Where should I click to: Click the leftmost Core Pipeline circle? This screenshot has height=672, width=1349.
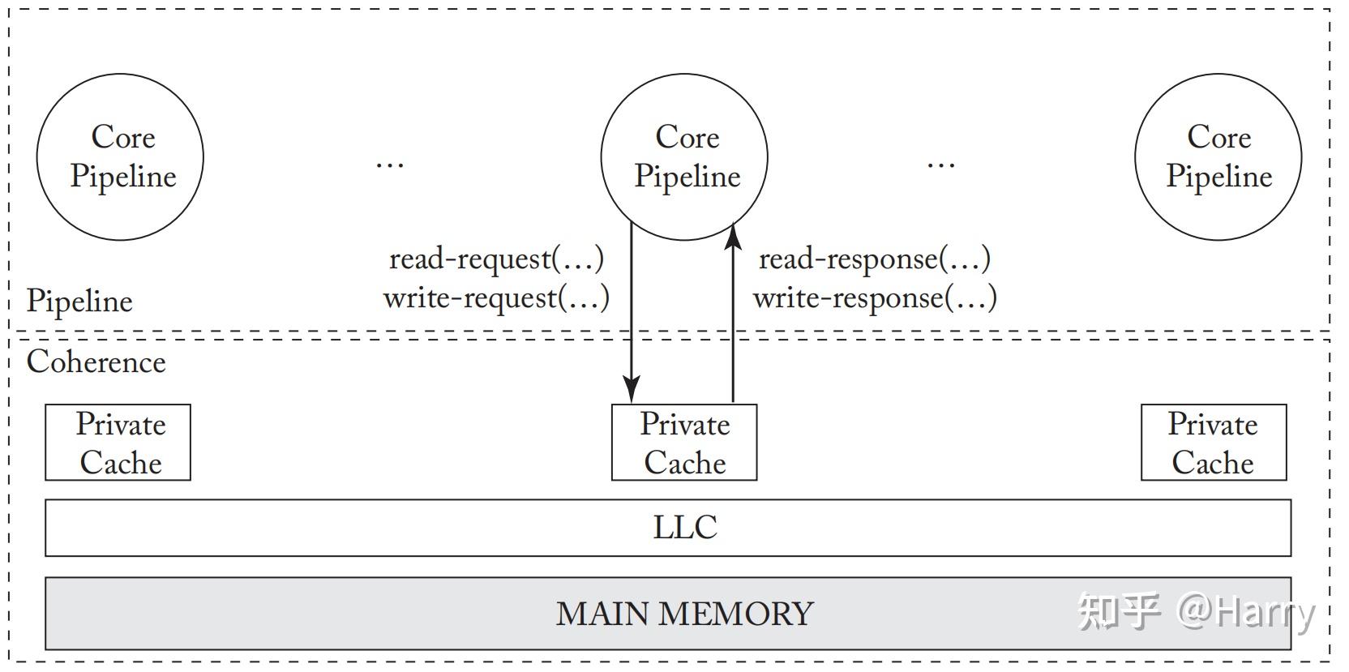coord(120,157)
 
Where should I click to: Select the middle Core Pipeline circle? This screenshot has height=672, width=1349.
coord(684,157)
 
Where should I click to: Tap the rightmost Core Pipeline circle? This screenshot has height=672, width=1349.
coord(1218,157)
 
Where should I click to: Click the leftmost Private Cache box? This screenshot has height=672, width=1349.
coord(118,443)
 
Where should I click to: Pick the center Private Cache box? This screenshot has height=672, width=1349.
coord(684,443)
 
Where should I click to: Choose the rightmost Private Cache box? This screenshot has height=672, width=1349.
coord(1213,443)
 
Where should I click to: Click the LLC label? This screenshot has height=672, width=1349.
coord(684,528)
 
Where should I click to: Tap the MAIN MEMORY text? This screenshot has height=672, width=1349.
coord(684,614)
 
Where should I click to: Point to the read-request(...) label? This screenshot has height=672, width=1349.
coord(496,259)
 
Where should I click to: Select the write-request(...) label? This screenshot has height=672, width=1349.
coord(496,297)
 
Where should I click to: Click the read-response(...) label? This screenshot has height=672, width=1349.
coord(874,259)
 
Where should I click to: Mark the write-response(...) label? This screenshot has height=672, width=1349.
coord(875,297)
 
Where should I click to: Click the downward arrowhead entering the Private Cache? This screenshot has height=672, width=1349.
coord(632,390)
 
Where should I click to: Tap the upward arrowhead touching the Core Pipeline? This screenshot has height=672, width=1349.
coord(733,234)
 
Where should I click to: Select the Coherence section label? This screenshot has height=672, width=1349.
coord(96,362)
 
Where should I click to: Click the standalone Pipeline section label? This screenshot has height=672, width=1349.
coord(79,301)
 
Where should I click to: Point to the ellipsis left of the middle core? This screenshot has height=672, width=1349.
coord(390,165)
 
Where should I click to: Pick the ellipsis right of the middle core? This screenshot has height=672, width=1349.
coord(940,165)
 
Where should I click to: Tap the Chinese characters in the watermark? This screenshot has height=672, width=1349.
coord(1119,612)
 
